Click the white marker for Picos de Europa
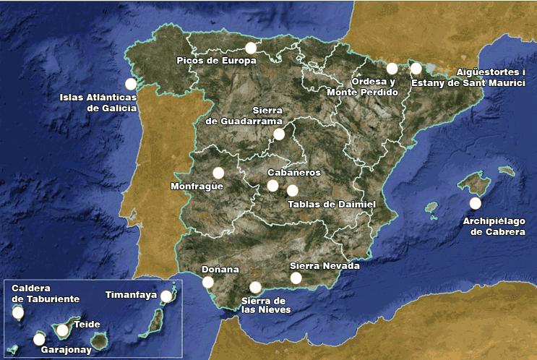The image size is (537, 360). (x=251, y=48)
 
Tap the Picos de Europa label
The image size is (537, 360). (x=217, y=61)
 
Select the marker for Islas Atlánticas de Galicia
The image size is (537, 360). (x=131, y=84)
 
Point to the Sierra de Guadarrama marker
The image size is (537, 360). (x=279, y=134)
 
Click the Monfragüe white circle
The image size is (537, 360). (x=218, y=173)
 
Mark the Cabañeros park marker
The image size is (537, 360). (x=272, y=186)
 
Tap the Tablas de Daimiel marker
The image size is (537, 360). (x=292, y=191)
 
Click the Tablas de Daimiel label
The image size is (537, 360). (x=332, y=205)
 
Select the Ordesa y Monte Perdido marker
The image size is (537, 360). (x=392, y=69)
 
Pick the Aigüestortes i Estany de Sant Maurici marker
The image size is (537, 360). (x=416, y=69)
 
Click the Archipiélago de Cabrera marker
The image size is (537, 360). (x=475, y=203)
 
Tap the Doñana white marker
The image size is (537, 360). (x=208, y=282)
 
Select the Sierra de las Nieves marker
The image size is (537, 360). (x=255, y=288)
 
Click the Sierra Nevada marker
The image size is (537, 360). (x=296, y=278)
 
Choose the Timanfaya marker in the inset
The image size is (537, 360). (x=166, y=296)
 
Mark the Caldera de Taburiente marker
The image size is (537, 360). (x=18, y=313)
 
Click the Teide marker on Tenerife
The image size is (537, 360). (x=62, y=330)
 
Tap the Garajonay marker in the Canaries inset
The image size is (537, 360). (x=39, y=339)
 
